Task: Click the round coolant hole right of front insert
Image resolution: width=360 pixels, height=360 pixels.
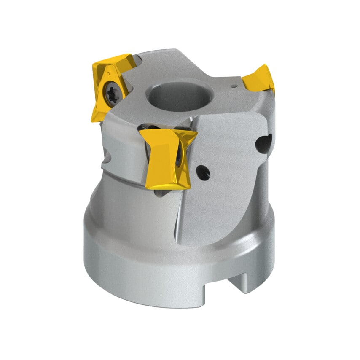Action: pos(203,172)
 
